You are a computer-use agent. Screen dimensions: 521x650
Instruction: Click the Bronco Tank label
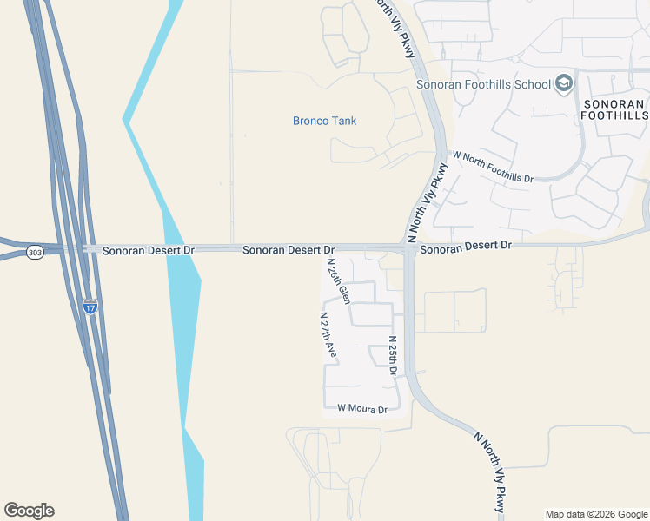point(324,121)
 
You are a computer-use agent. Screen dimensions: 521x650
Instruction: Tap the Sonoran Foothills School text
point(484,84)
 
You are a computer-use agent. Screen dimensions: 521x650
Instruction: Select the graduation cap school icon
point(563,83)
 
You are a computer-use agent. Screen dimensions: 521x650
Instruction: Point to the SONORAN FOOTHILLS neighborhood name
point(614,109)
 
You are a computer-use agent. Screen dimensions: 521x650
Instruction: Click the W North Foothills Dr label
point(493,166)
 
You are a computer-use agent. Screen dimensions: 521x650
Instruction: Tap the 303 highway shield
point(35,253)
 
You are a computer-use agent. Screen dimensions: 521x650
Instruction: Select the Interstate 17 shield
point(90,306)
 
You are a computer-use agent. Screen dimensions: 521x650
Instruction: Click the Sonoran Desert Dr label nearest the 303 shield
point(149,250)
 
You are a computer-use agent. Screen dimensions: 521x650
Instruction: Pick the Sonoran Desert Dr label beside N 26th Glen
point(289,250)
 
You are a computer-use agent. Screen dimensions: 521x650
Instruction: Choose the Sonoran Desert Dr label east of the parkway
point(466,247)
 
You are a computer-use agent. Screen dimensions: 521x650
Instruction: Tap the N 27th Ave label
point(328,336)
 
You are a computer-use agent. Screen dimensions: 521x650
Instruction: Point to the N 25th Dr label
point(393,355)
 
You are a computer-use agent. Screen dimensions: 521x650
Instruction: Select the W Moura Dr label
point(361,408)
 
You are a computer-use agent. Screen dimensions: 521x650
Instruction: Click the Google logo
point(29,511)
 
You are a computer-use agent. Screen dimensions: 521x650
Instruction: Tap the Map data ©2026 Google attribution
point(596,514)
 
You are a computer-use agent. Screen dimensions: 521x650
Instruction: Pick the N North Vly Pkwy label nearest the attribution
point(491,471)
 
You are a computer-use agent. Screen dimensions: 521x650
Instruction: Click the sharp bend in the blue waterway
point(126,121)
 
